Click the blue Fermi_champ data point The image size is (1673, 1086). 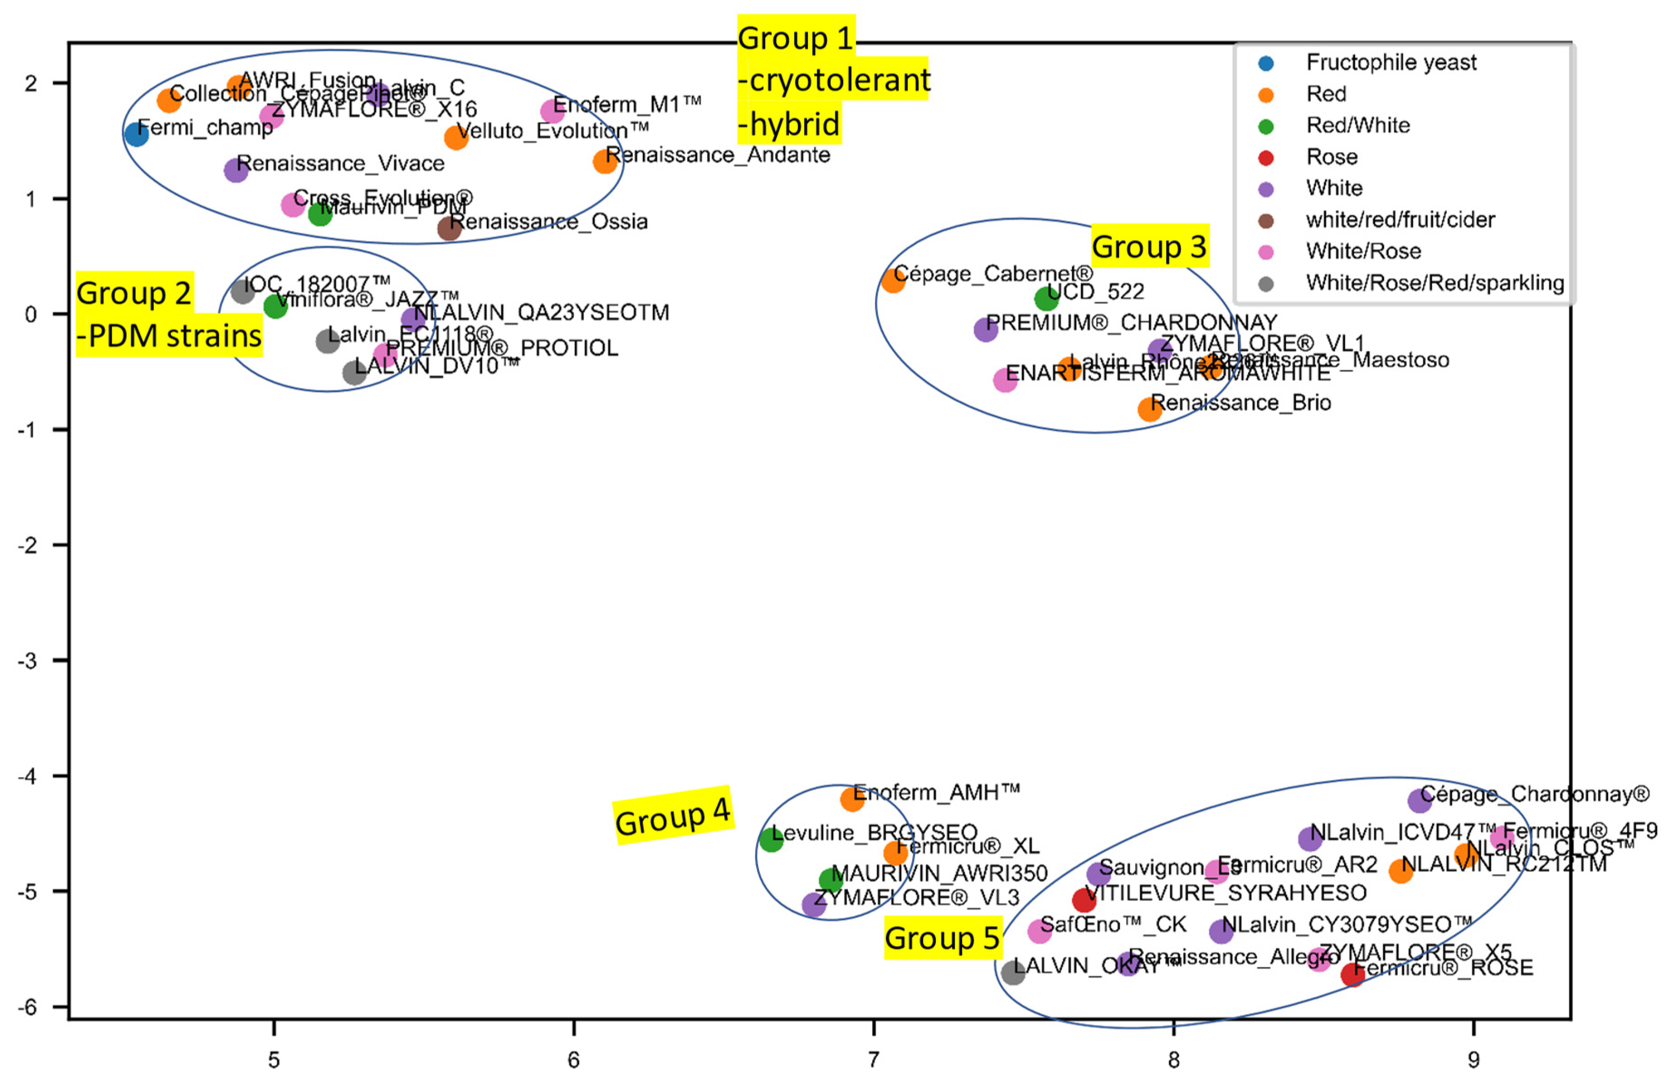(136, 133)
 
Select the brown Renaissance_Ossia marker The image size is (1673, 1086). (449, 228)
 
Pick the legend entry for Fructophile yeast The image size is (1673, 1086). (1390, 63)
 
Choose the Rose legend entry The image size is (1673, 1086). (1331, 157)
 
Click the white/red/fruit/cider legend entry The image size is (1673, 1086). (1399, 220)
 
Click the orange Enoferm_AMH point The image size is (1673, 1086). (852, 798)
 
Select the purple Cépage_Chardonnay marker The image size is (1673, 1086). (1419, 800)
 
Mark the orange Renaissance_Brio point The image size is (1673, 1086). (1150, 408)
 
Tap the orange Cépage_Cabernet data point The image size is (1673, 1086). (893, 280)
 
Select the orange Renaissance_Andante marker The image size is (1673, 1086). (605, 161)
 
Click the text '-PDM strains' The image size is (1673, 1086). (169, 336)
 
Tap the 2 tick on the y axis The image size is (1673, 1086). (30, 83)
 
